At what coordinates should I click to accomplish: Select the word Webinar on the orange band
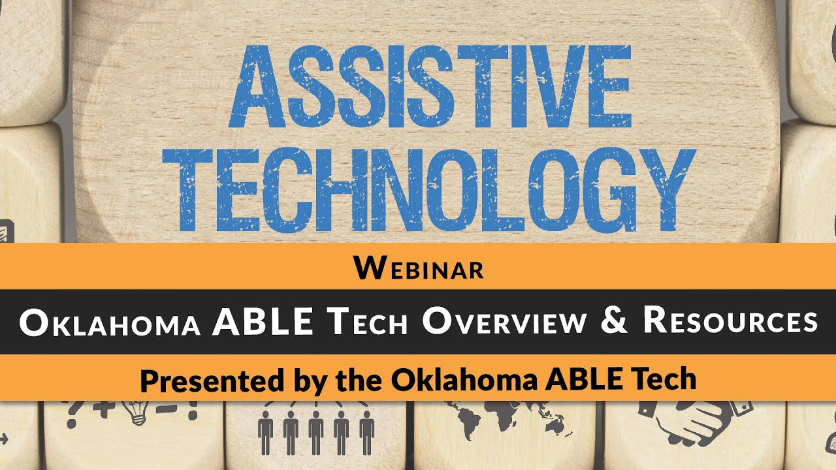pyautogui.click(x=419, y=268)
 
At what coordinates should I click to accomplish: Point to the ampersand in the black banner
pyautogui.click(x=613, y=321)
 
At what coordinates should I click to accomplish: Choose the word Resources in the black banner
pyautogui.click(x=730, y=322)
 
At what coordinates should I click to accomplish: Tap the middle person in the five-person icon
pyautogui.click(x=316, y=431)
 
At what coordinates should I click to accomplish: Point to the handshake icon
pyautogui.click(x=692, y=421)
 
